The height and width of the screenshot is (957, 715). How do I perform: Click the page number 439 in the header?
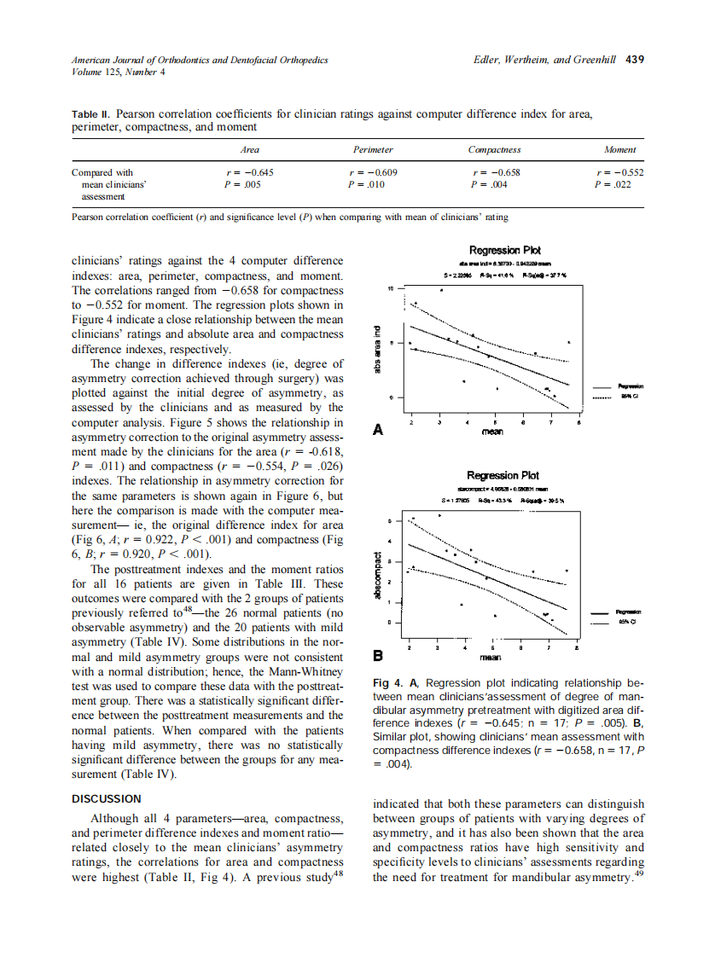coord(634,61)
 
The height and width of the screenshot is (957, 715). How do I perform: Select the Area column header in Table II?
coord(249,149)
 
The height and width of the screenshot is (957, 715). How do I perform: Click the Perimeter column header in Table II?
coord(373,149)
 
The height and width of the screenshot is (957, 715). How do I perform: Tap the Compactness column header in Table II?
coord(494,149)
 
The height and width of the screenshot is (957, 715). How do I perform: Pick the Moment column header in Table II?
coord(619,149)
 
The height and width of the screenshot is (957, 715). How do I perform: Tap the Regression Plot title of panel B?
coord(503,475)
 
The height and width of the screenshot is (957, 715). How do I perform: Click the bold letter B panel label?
coord(378,656)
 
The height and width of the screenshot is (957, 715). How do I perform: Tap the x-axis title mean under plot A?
coord(492,432)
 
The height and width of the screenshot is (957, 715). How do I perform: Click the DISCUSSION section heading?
coord(107,798)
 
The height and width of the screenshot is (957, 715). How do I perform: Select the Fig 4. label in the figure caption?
coord(391,683)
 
